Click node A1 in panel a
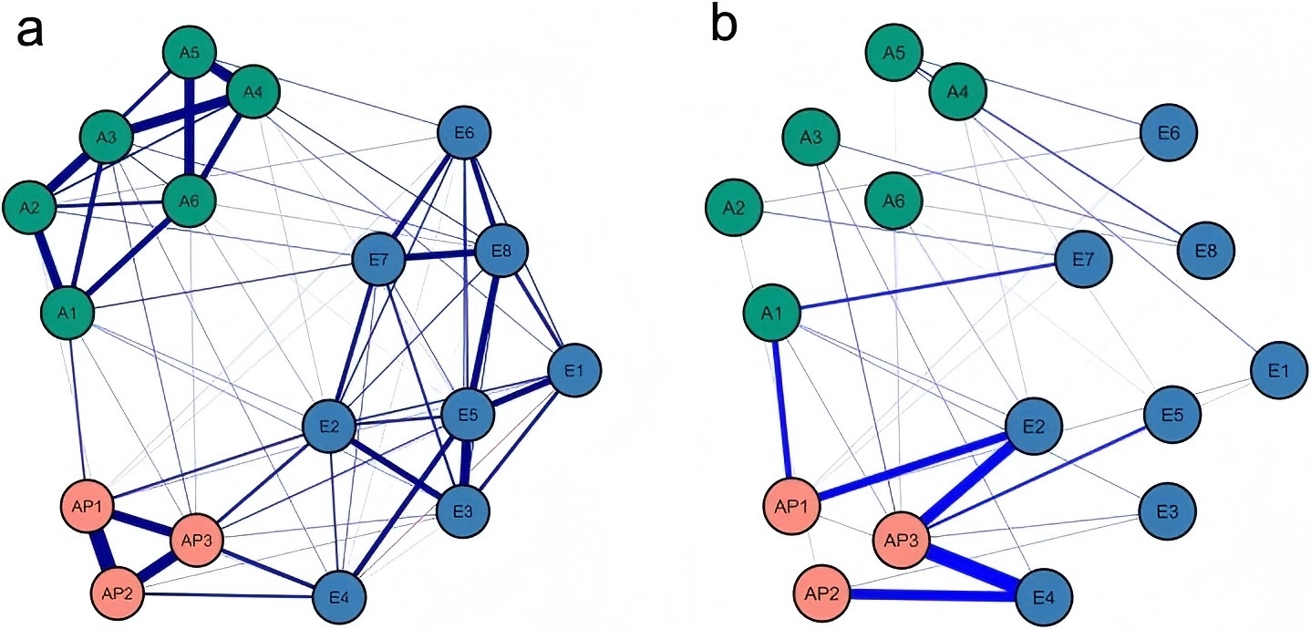[67, 314]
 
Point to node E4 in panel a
[338, 598]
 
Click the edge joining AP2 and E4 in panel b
[934, 596]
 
